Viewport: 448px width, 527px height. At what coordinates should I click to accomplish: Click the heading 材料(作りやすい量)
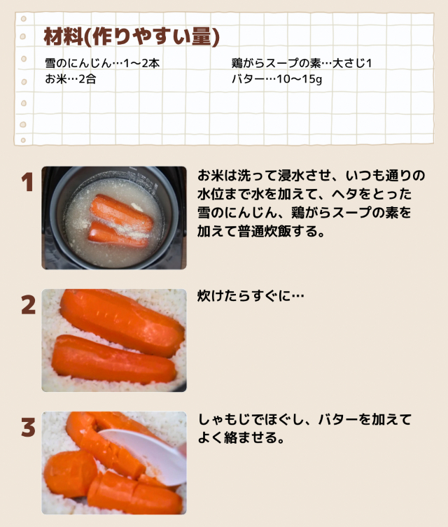click(x=132, y=36)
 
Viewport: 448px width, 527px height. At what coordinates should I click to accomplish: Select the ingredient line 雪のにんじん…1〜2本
click(x=102, y=63)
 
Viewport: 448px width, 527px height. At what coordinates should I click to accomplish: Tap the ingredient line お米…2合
click(x=71, y=79)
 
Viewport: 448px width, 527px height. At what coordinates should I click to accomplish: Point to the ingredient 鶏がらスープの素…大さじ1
click(x=302, y=63)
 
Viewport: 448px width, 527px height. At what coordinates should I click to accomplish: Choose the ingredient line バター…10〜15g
click(x=276, y=79)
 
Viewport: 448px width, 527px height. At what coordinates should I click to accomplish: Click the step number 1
click(x=27, y=183)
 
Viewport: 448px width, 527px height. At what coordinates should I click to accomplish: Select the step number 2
click(x=28, y=305)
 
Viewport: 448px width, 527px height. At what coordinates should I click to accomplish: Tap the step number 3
click(x=28, y=427)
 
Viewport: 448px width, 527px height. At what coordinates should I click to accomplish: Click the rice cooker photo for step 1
click(x=114, y=218)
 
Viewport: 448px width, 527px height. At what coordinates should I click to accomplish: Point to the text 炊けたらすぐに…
click(x=251, y=296)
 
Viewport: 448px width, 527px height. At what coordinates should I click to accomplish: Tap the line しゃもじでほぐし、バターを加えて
click(x=304, y=419)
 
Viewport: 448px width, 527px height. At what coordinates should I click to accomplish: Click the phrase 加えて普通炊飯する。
click(x=261, y=231)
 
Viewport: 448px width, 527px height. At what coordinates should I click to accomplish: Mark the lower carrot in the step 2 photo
click(x=114, y=360)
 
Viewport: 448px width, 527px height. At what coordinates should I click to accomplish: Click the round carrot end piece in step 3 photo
click(x=70, y=474)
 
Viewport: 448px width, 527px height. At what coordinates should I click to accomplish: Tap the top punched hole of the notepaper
click(x=24, y=19)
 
